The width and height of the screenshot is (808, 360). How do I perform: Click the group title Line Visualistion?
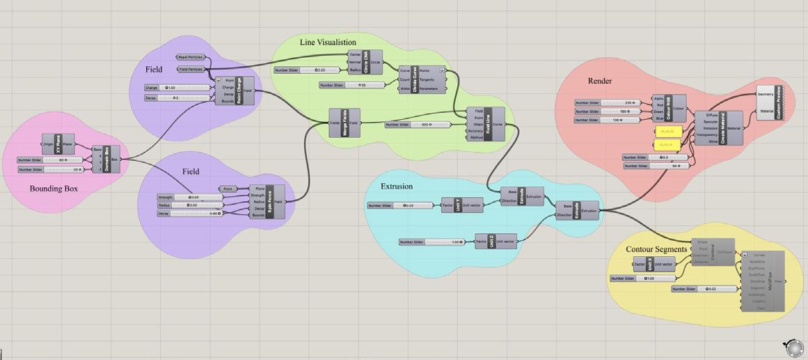tap(328, 42)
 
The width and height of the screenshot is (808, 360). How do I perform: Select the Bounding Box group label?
tap(54, 189)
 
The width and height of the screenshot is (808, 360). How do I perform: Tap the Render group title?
tap(600, 81)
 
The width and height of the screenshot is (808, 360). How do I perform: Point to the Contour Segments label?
tap(656, 249)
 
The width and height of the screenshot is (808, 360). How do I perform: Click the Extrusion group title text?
tap(397, 187)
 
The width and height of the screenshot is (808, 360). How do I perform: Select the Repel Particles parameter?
tap(190, 58)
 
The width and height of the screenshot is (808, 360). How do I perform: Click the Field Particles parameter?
tap(191, 70)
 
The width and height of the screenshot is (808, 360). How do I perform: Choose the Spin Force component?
tap(271, 202)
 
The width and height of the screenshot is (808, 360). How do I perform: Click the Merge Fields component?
tap(344, 123)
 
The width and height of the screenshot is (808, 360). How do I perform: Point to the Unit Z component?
tap(491, 242)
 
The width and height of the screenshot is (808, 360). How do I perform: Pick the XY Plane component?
tap(58, 145)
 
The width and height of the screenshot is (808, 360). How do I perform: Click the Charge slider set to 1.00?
tap(177, 88)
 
